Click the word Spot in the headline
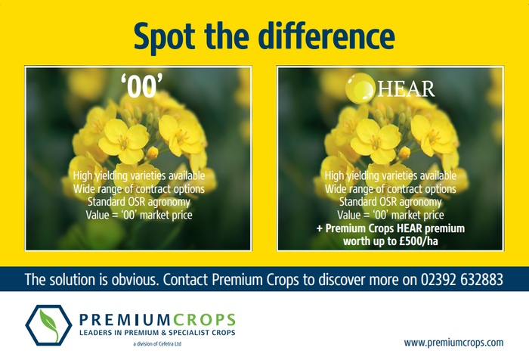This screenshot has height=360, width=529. pos(164,37)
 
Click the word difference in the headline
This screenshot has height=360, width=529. pos(326,35)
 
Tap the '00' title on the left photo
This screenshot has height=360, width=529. pos(142,86)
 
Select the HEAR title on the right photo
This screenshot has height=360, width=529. pos(407,88)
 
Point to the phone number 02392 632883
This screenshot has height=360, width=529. pos(462,280)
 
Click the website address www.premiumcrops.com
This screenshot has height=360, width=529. pos(453,343)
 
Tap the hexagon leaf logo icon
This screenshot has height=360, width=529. pos(48,325)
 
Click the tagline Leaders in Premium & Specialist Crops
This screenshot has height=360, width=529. pos(157,333)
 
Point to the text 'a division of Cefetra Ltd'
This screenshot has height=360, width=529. pos(157,344)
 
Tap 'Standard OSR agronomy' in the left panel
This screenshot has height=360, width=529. pos(139,202)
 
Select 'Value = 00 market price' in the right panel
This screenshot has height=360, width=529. pos(391,215)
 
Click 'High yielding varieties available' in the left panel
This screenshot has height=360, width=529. pos(139,176)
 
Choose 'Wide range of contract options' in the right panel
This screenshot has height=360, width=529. pos(391,189)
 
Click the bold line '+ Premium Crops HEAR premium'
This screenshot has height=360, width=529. pos(391,228)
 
